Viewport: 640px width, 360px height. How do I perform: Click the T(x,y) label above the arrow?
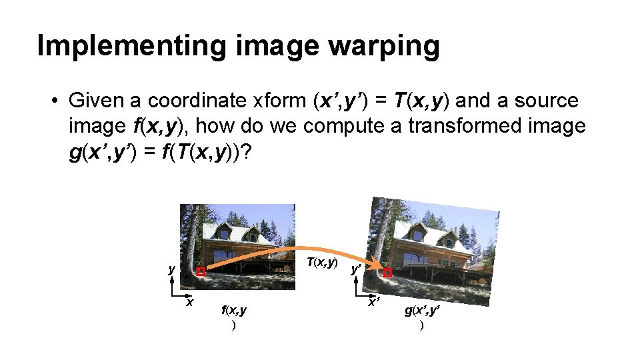321,262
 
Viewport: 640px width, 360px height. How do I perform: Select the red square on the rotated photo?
388,273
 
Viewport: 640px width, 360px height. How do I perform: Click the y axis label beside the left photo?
171,269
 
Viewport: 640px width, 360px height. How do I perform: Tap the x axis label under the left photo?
189,302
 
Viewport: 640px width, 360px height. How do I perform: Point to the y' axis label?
357,269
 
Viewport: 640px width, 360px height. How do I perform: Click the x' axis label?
375,302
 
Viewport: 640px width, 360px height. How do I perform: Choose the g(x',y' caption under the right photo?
421,310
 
